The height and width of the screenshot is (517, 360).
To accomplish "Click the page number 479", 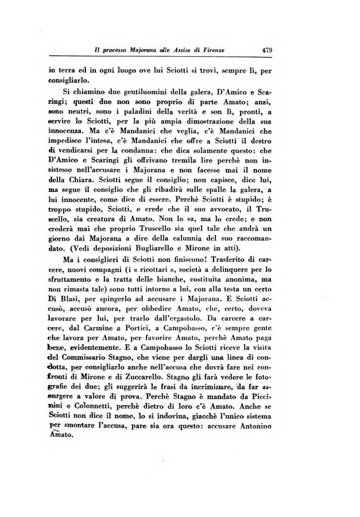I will [x=266, y=50].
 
